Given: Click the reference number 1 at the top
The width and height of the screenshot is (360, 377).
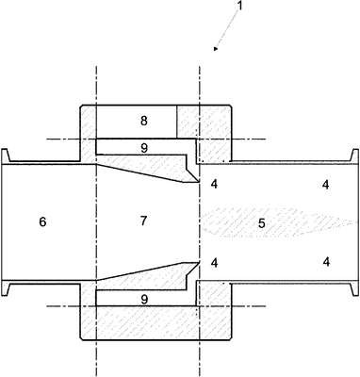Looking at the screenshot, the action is click(239, 6).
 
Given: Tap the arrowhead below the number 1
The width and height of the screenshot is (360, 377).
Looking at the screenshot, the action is click(216, 48).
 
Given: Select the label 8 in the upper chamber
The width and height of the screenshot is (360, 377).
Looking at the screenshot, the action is click(144, 121).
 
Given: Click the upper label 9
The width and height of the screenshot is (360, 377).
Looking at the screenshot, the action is click(144, 148).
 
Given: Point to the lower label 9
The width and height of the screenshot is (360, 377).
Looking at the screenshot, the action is click(144, 300).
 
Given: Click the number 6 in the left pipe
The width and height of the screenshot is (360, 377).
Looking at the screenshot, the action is click(42, 221).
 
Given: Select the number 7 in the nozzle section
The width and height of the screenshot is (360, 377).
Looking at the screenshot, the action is click(143, 221).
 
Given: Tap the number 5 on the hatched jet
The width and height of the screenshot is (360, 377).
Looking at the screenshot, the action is click(262, 223).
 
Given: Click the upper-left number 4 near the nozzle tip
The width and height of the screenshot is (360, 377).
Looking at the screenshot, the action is click(214, 184).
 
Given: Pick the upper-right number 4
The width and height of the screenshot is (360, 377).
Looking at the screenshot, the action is click(326, 185).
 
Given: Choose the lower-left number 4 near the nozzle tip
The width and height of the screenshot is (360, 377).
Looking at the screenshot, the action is click(214, 263).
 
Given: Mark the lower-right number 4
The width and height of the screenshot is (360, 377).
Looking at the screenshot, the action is click(326, 262).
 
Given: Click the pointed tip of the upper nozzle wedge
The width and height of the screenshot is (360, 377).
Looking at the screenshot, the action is click(199, 182).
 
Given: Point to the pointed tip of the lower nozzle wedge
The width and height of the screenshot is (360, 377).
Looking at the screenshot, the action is click(199, 262).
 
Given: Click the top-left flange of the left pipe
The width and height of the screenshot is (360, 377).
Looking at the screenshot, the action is click(5, 156).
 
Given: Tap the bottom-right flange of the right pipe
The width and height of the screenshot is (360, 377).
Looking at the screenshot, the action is click(355, 287).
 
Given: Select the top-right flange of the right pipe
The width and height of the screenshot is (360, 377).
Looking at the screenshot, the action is click(355, 156).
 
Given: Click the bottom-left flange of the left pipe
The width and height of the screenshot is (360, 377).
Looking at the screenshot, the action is click(5, 287).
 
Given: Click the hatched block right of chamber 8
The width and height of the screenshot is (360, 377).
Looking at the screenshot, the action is click(205, 122).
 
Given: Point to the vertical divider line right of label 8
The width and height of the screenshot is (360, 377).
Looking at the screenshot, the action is click(176, 122).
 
